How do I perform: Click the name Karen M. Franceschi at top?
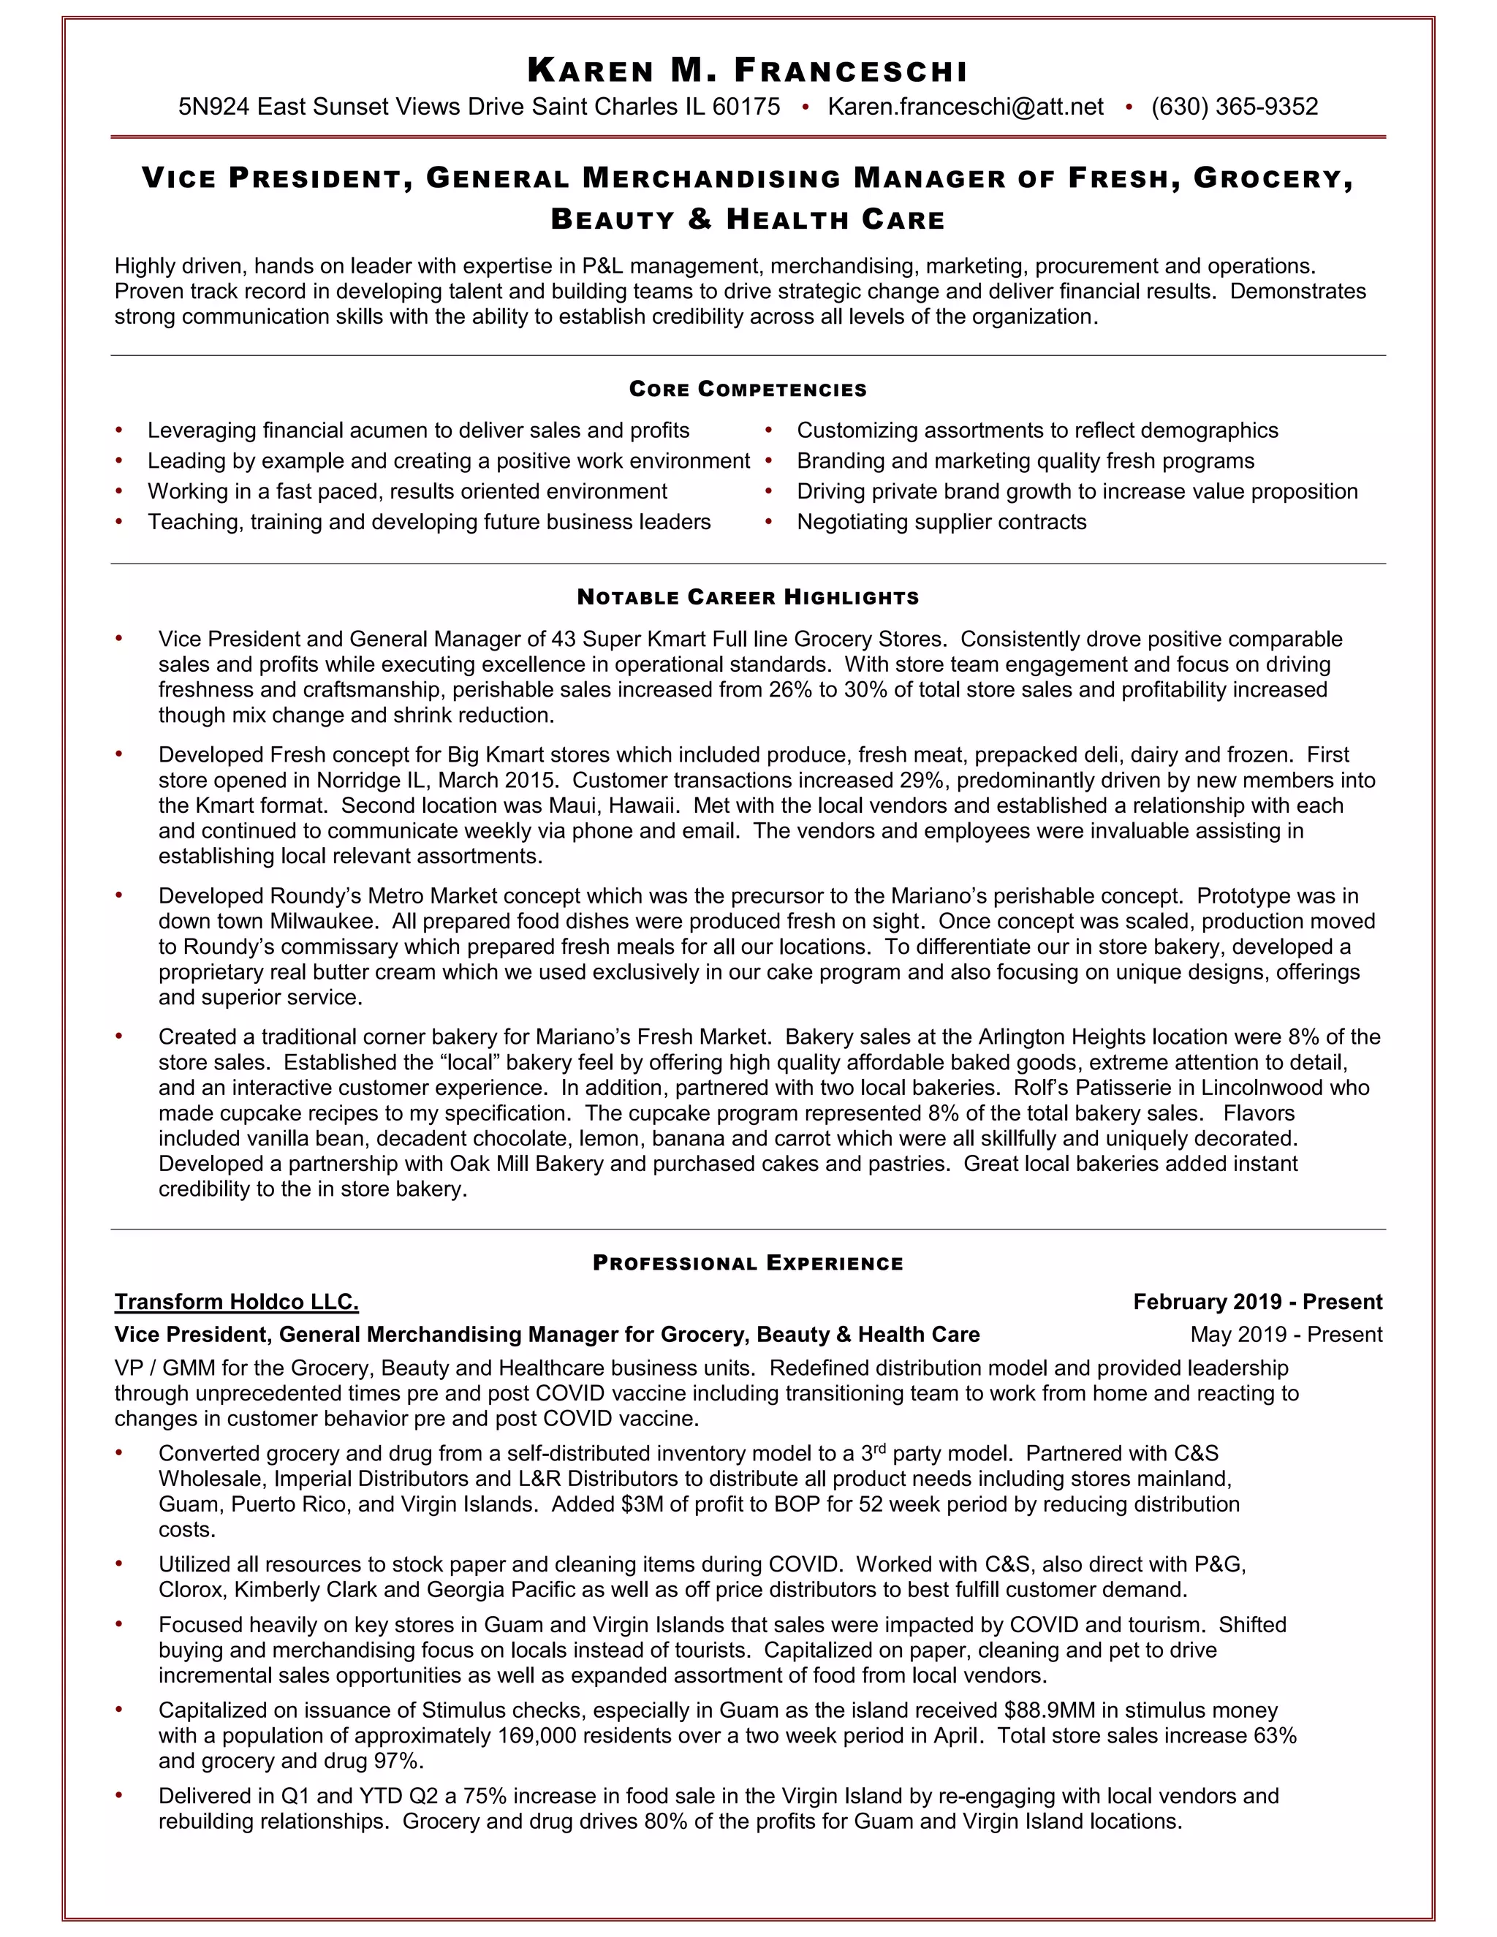(748, 70)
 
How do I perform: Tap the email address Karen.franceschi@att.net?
(965, 107)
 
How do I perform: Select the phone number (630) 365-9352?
(1234, 107)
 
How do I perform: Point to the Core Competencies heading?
(748, 390)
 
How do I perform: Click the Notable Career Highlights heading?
(748, 597)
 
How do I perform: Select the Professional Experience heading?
(748, 1263)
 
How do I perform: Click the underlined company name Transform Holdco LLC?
(236, 1302)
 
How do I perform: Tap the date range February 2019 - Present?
(1257, 1302)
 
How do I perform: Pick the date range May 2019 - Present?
(1285, 1335)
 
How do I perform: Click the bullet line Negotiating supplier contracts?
(941, 521)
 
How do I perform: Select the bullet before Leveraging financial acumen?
(119, 431)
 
